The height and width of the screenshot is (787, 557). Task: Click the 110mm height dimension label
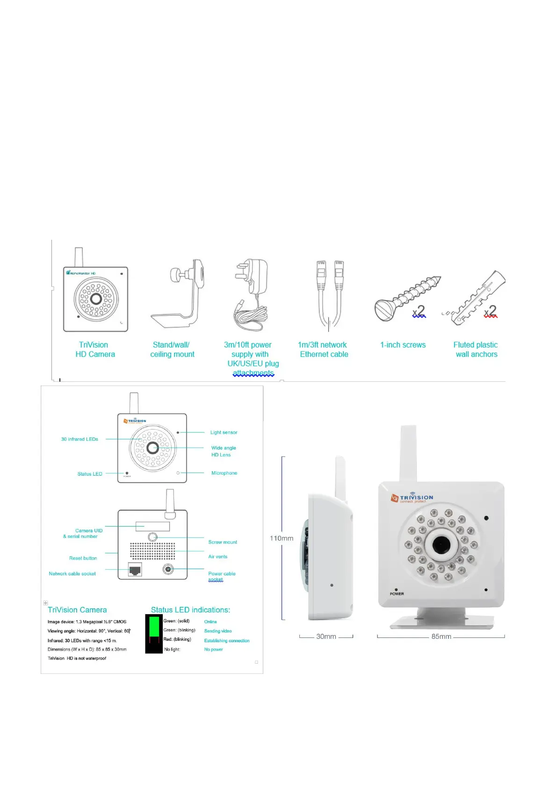pos(281,538)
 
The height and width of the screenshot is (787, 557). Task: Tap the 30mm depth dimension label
pos(326,637)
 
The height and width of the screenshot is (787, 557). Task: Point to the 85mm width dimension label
pos(441,637)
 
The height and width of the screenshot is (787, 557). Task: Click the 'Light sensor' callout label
pos(224,432)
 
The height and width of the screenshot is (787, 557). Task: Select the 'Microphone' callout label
pos(224,473)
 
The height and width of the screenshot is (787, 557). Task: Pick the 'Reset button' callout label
pos(83,558)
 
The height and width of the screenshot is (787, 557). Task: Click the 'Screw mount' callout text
pos(223,542)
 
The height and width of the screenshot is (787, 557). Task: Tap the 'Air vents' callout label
pos(218,557)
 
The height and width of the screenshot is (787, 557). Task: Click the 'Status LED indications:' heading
pos(190,610)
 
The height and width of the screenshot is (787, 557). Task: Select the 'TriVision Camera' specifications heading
pos(77,610)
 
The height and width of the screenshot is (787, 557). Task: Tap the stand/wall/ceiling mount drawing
pos(180,294)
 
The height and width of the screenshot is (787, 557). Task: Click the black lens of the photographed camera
pos(441,544)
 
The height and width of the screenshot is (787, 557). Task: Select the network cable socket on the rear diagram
pos(135,570)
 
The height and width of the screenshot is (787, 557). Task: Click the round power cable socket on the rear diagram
pos(168,569)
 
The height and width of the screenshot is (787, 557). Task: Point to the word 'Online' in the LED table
pos(210,622)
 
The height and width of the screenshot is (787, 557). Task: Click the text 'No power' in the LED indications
pos(213,649)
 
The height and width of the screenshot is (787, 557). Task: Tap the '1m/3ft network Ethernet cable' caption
pos(324,350)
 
